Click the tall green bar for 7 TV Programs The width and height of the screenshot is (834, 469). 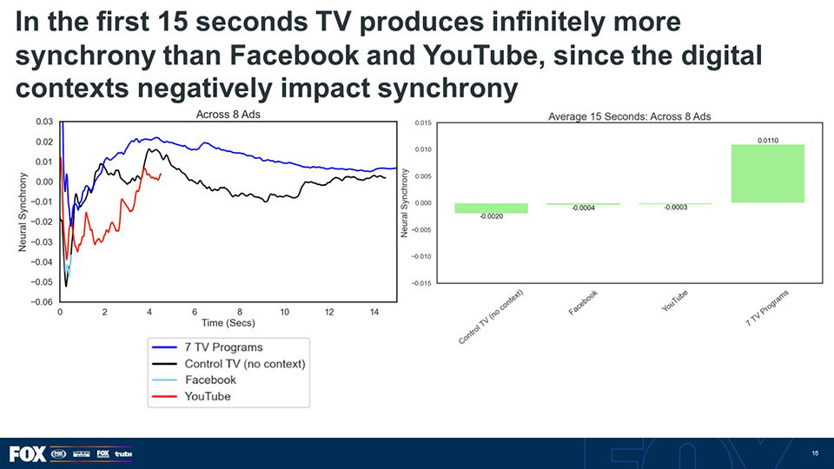click(x=767, y=174)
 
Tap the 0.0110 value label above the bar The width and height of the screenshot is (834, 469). click(x=767, y=138)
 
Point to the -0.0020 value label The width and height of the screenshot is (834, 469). click(x=491, y=216)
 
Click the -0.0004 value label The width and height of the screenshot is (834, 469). click(x=582, y=208)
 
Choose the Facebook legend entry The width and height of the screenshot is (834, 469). click(x=210, y=380)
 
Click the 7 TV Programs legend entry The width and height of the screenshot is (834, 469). click(x=223, y=347)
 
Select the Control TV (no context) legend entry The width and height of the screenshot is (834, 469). click(x=244, y=363)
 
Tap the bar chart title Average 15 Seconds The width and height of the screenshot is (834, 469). click(x=629, y=116)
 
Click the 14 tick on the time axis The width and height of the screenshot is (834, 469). click(x=374, y=312)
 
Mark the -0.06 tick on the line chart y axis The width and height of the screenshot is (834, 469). click(x=41, y=302)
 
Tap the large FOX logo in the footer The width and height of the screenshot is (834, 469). click(x=27, y=453)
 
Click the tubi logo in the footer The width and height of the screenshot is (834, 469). click(x=122, y=453)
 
